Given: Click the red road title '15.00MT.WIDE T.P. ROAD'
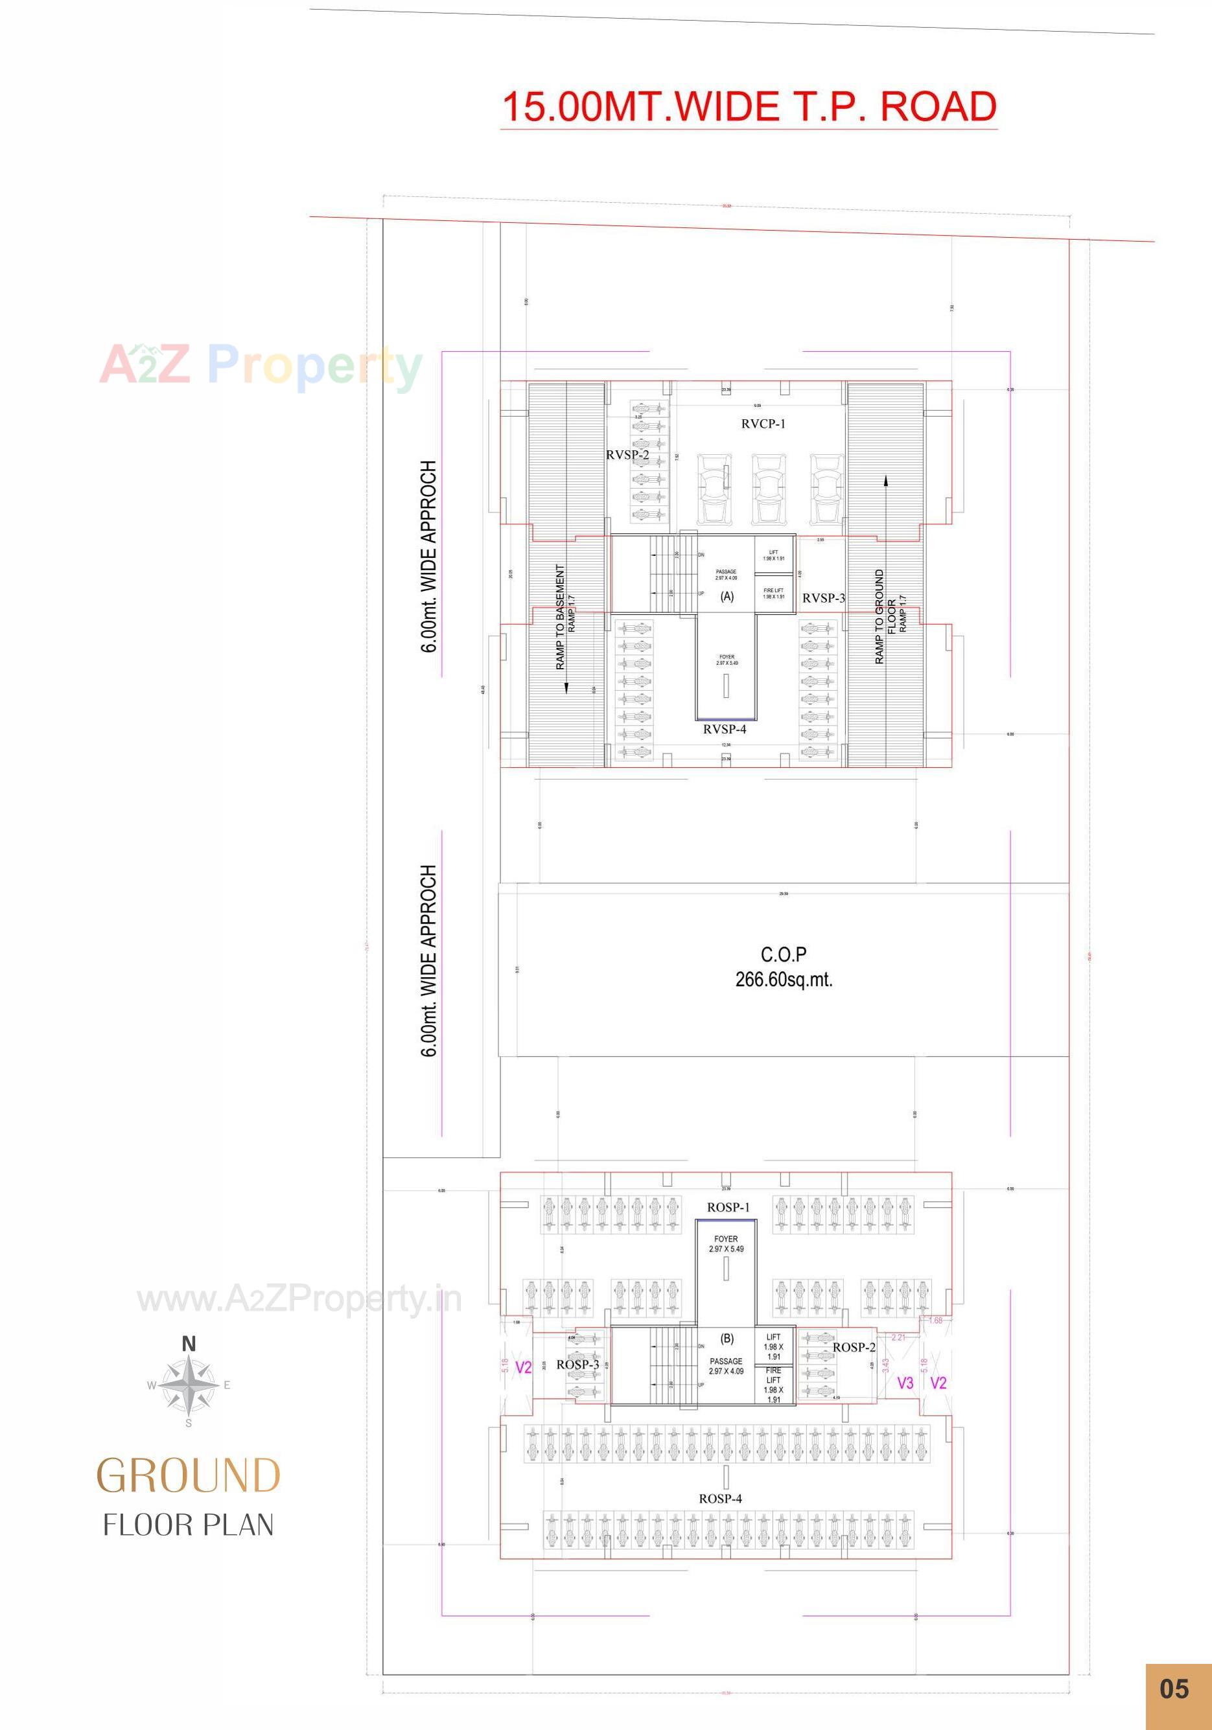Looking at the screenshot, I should pyautogui.click(x=749, y=107).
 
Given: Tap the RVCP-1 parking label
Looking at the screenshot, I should pyautogui.click(x=763, y=424).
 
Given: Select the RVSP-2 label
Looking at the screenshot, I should pyautogui.click(x=627, y=455).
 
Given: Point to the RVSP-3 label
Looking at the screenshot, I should pyautogui.click(x=823, y=598).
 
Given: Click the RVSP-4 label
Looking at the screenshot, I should pyautogui.click(x=725, y=730).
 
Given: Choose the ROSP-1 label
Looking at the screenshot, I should pyautogui.click(x=728, y=1207).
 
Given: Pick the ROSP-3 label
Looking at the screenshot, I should pyautogui.click(x=577, y=1365).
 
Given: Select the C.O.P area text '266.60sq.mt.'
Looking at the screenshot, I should pyautogui.click(x=784, y=980).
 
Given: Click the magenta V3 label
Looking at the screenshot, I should pyautogui.click(x=905, y=1383).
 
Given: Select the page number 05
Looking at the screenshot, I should pyautogui.click(x=1174, y=1689).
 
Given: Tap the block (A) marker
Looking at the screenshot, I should pyautogui.click(x=727, y=597).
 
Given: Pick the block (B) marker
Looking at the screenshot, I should pyautogui.click(x=727, y=1339).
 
